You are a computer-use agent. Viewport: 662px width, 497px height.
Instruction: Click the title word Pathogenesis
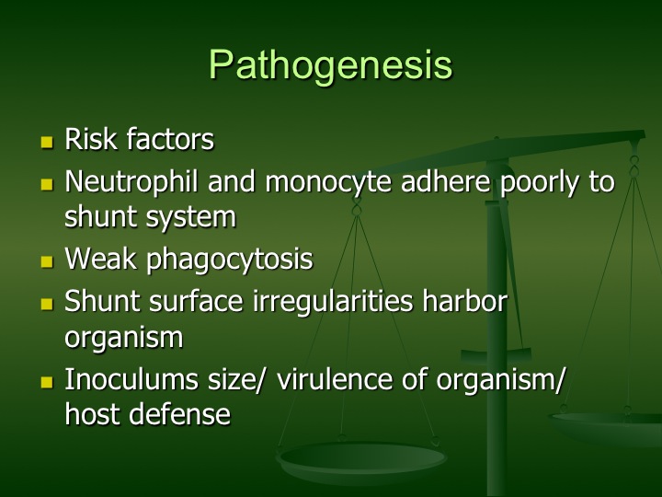tap(331, 65)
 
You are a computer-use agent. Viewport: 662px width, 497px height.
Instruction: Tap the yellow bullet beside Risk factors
tap(47, 142)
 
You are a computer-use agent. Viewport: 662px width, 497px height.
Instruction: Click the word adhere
tap(446, 181)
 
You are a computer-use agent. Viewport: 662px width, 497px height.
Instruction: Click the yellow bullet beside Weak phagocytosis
tap(47, 261)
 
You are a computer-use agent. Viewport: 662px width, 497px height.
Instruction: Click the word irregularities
tap(333, 303)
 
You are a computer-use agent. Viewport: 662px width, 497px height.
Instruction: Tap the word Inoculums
tap(131, 378)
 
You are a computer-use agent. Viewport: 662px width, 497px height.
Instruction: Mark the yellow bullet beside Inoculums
tap(47, 383)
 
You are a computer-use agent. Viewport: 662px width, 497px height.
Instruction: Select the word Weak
tap(100, 259)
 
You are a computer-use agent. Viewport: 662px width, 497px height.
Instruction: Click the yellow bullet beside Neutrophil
tap(47, 185)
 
